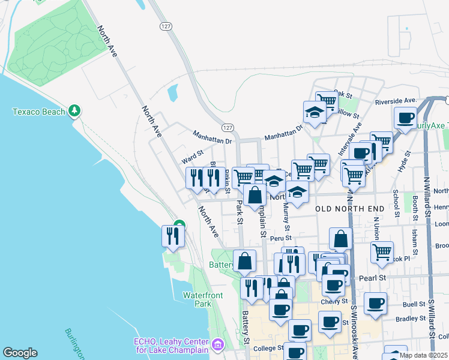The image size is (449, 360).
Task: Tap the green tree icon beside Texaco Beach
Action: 74,110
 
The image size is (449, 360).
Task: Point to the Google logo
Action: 20,353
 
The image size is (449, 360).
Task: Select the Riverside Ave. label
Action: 396,101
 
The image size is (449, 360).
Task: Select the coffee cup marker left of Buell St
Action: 376,304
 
